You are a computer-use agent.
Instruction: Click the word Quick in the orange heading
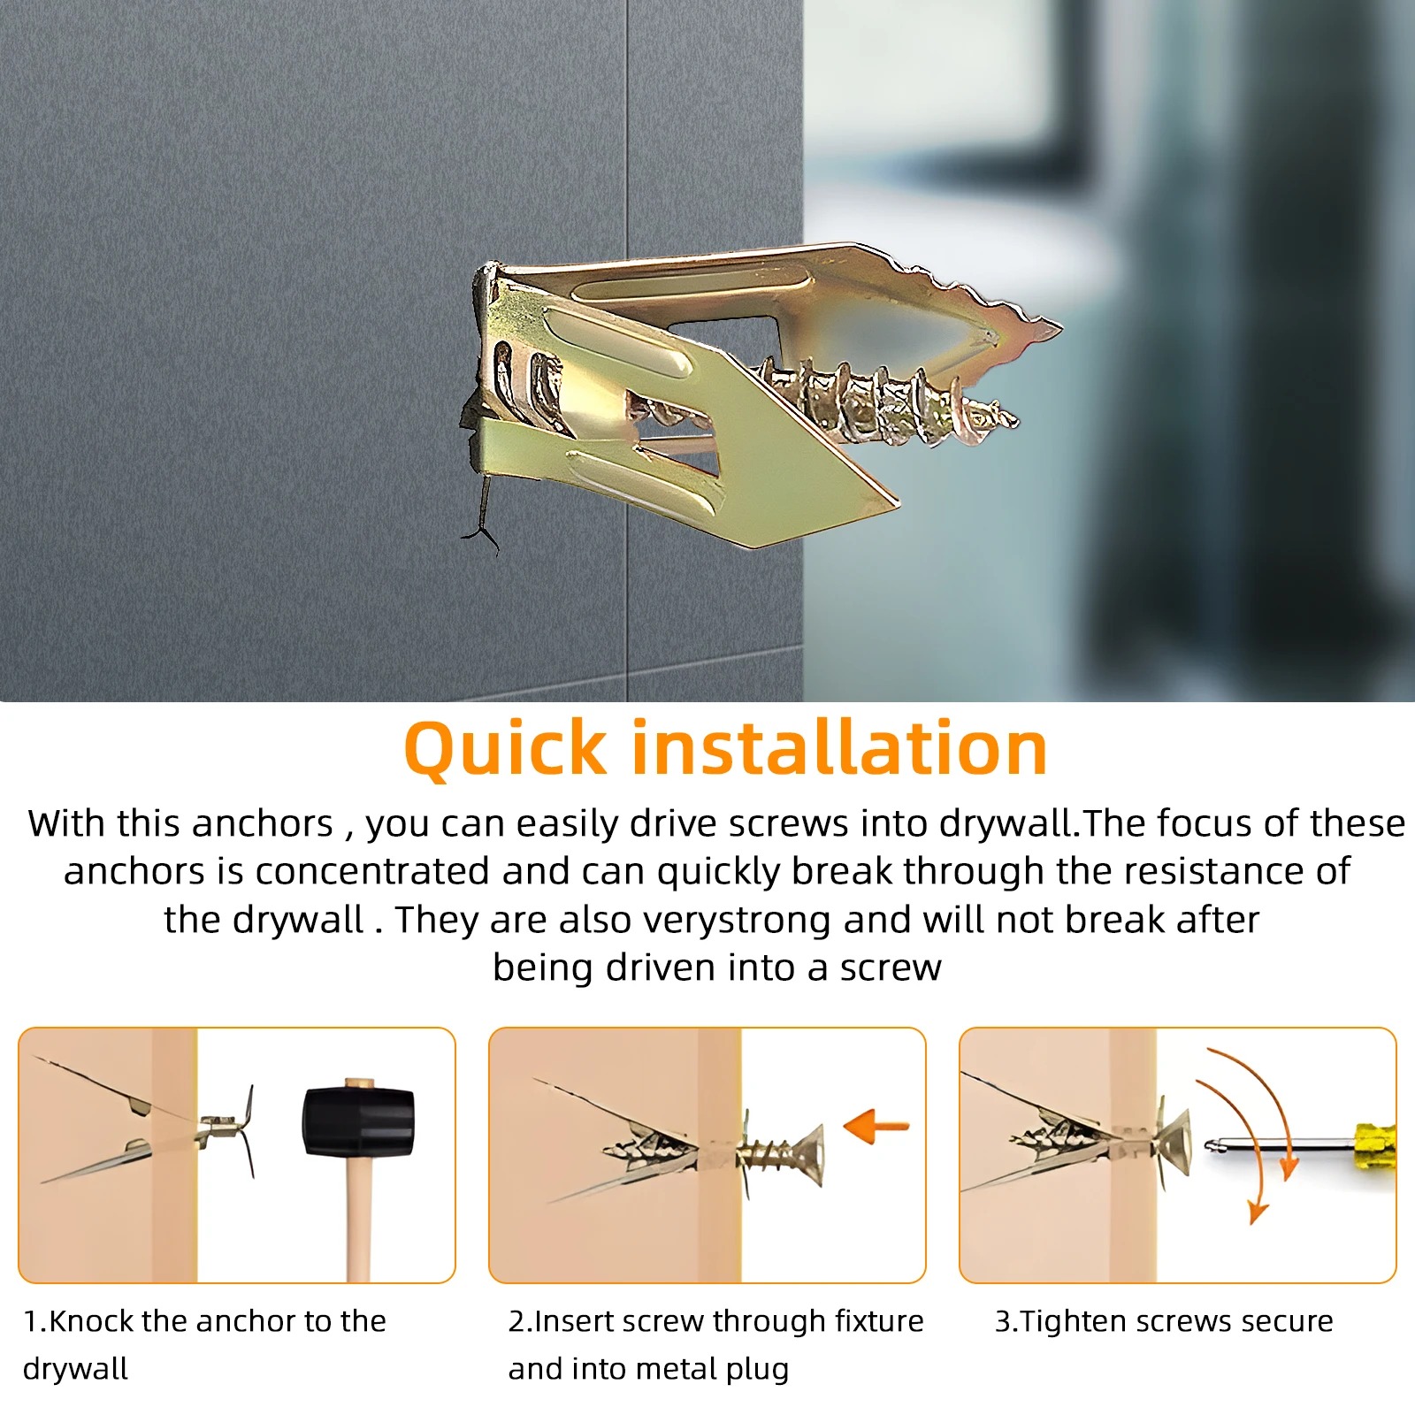(505, 750)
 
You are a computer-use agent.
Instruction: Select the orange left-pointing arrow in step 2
(876, 1127)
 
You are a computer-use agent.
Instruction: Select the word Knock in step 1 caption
(92, 1320)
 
